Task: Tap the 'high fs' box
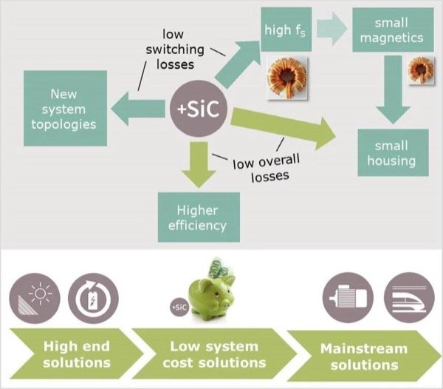(286, 30)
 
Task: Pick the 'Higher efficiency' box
(199, 216)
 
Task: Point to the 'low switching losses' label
(176, 49)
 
